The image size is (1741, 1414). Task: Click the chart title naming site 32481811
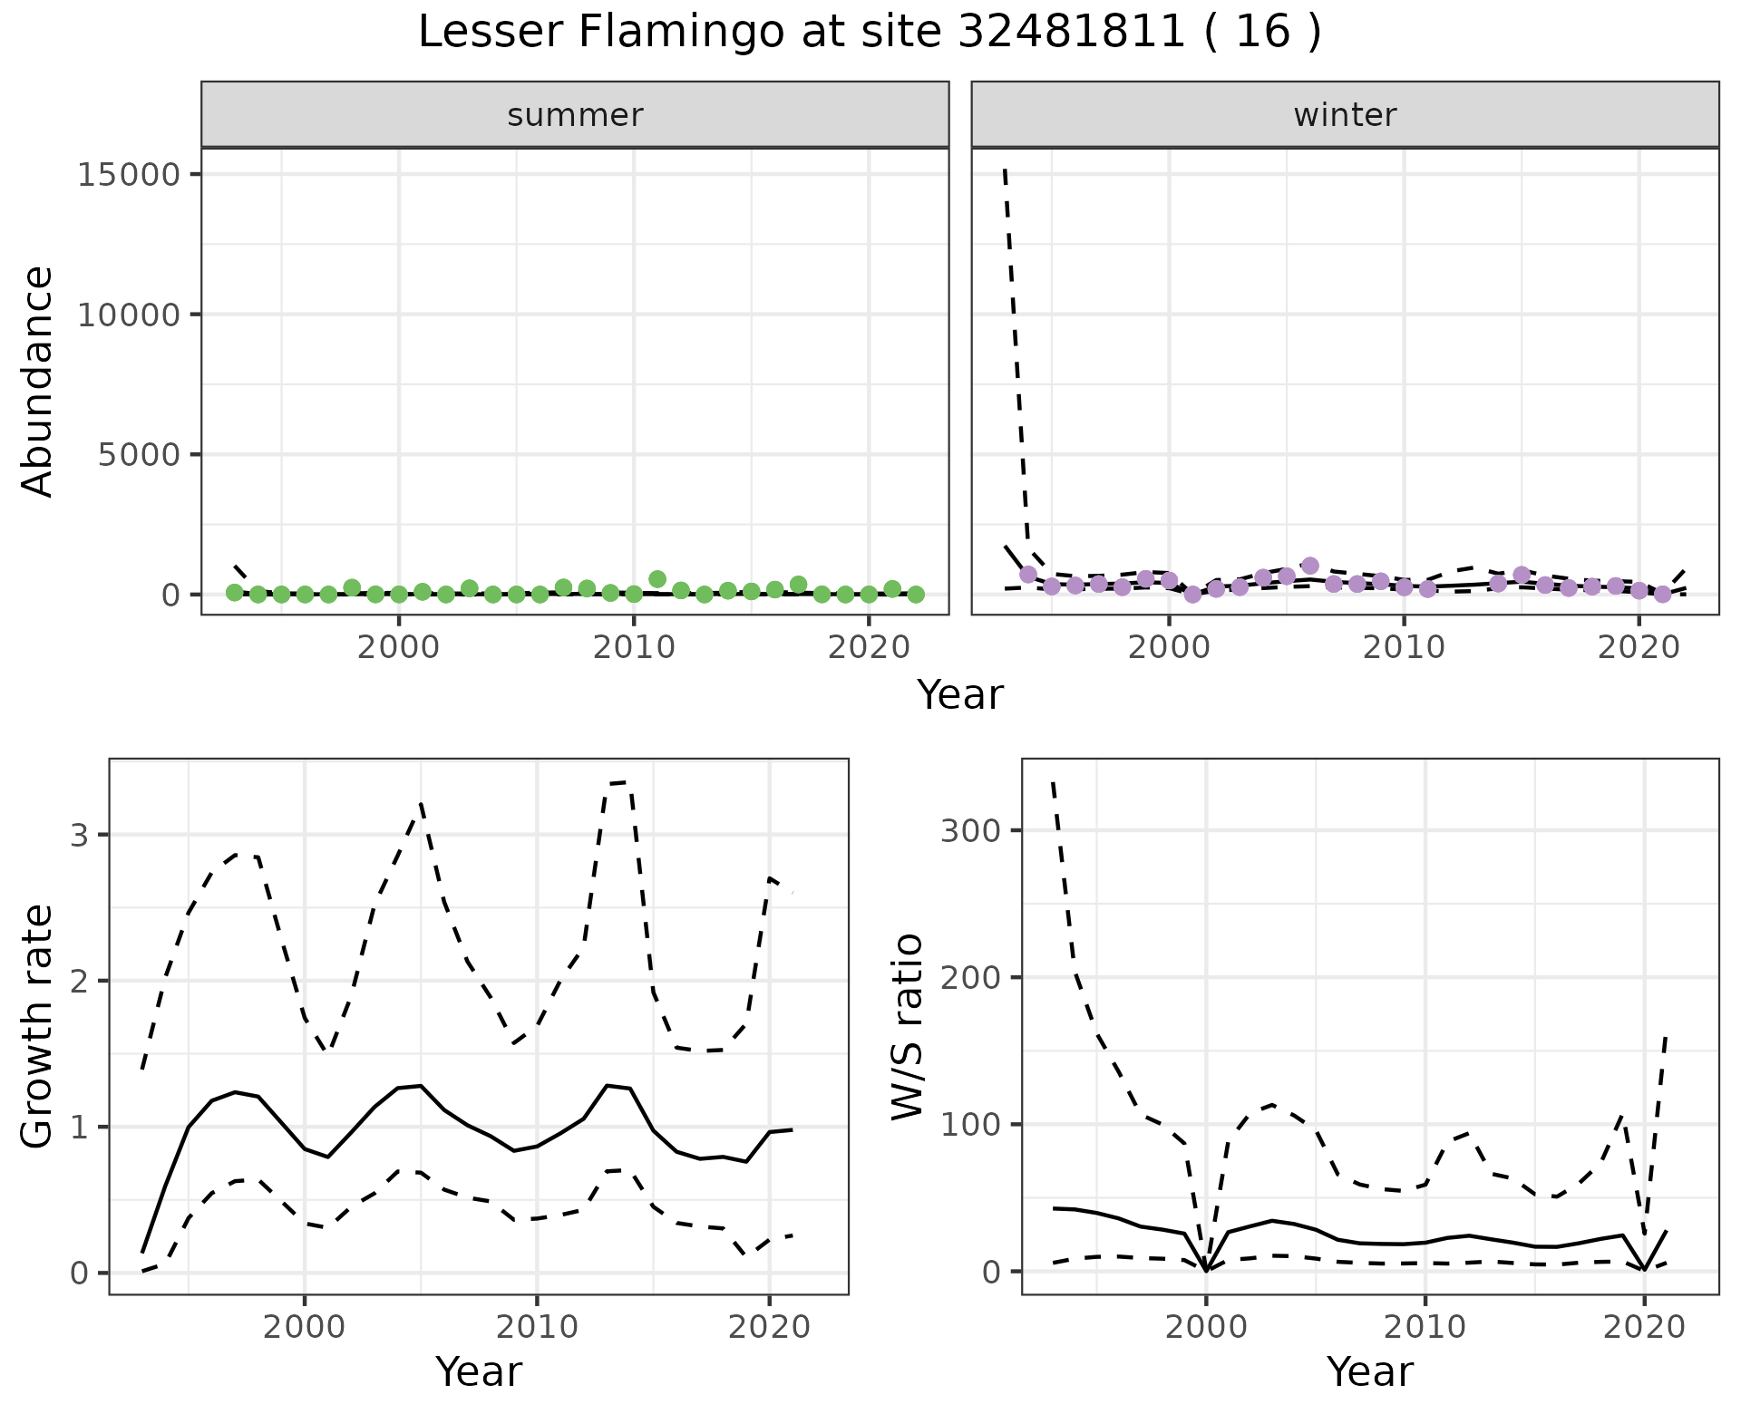point(869,33)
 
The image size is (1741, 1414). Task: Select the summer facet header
point(575,115)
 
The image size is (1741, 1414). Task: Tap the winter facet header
point(1345,115)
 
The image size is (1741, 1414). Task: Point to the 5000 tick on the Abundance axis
point(140,454)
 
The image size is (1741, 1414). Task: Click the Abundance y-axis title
point(38,381)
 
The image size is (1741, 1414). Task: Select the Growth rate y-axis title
point(38,1026)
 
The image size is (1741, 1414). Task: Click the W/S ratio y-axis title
point(907,1026)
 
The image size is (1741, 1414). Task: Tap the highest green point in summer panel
point(657,579)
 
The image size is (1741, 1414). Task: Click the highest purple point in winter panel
point(1309,566)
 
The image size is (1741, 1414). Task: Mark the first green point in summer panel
point(234,593)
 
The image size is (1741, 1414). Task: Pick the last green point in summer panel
point(916,595)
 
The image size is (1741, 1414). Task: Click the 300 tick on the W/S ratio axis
point(968,830)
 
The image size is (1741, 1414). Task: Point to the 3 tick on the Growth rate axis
point(79,835)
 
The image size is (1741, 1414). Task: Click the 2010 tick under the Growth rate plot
point(537,1328)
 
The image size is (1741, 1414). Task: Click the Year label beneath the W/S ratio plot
point(1369,1372)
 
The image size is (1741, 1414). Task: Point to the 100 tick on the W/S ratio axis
point(968,1125)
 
